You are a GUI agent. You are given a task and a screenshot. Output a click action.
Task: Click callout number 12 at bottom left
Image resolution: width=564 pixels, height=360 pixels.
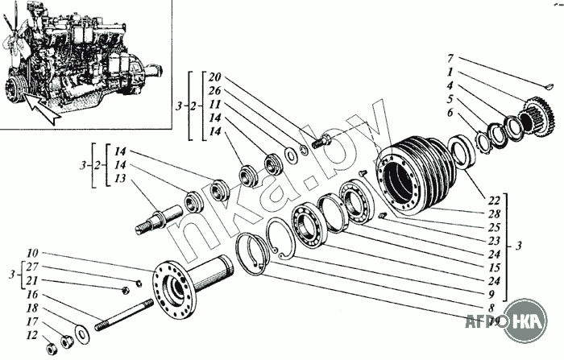click(x=31, y=335)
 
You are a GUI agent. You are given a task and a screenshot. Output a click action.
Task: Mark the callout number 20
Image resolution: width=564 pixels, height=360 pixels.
click(x=214, y=77)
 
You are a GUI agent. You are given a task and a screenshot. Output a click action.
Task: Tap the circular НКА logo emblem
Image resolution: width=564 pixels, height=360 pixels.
click(x=528, y=321)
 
